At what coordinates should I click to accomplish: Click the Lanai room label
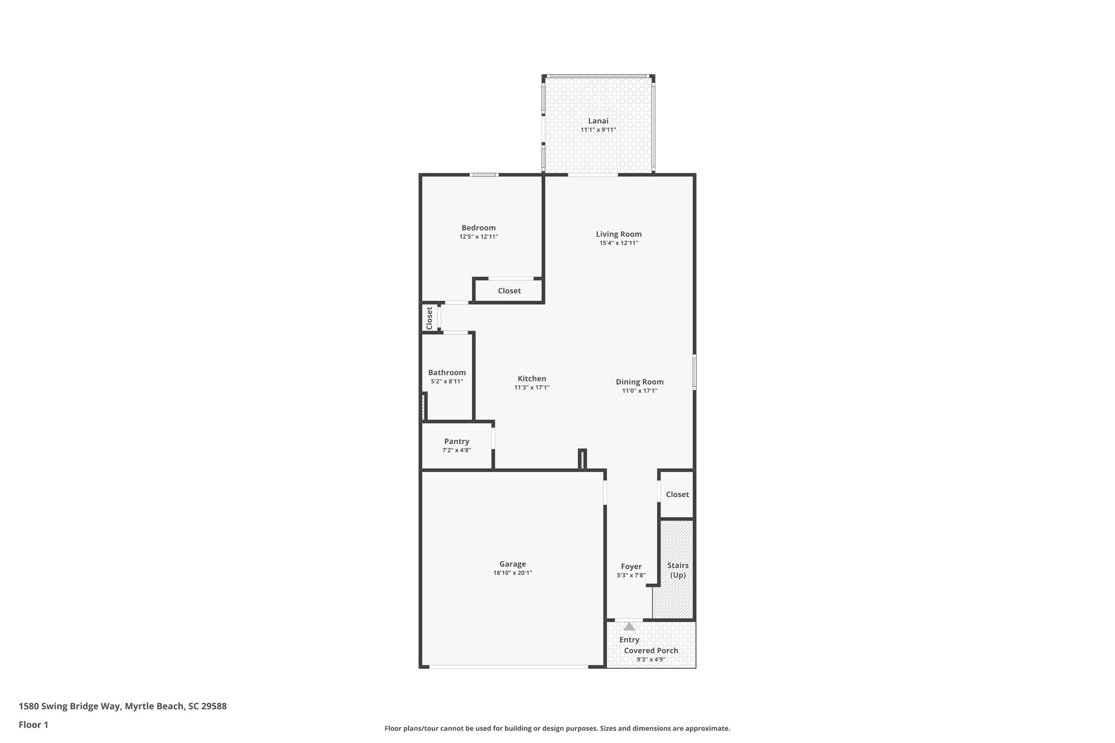point(598,121)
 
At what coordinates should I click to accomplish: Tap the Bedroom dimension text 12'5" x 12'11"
point(479,237)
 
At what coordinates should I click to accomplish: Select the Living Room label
point(618,234)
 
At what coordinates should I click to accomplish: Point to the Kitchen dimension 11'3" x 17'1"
point(532,388)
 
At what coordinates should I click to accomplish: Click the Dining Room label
point(640,382)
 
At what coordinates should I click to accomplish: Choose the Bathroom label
point(446,372)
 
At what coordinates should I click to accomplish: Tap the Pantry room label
point(456,441)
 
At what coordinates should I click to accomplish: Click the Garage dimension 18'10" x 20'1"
point(512,573)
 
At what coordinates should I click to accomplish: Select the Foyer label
point(631,566)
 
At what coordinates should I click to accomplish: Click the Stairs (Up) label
point(678,570)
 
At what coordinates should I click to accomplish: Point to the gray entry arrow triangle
point(629,627)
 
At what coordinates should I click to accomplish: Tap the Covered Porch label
point(651,650)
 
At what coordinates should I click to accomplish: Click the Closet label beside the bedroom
point(509,291)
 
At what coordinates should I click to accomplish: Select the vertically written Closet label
point(429,318)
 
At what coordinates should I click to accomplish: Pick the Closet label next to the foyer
point(677,494)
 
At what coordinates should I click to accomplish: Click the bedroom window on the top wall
point(484,175)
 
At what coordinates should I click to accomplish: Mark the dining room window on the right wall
point(695,372)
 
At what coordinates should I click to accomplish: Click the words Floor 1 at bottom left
point(33,724)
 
